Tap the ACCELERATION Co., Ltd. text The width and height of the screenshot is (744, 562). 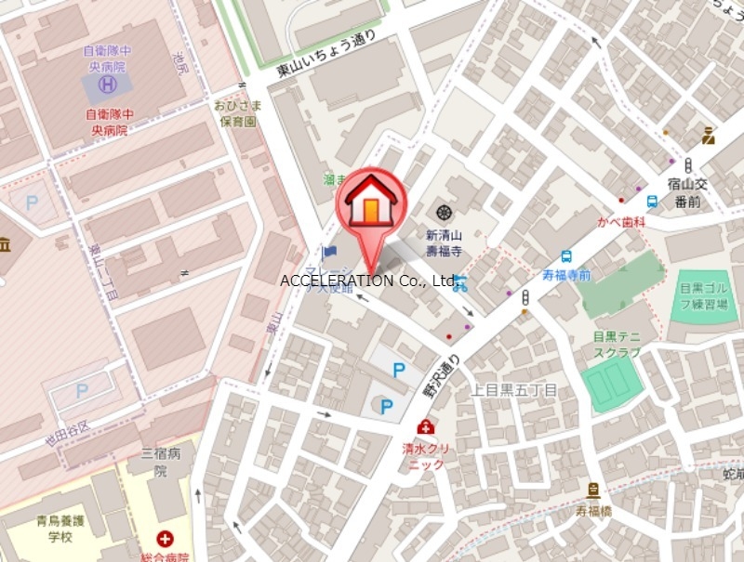[368, 281]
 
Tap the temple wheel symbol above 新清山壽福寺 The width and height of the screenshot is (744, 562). [444, 213]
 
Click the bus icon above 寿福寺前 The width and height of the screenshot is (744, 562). [566, 256]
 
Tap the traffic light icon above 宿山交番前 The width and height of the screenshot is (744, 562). [688, 165]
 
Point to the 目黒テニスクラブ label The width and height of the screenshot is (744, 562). [617, 345]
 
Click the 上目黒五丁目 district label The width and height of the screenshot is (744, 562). [514, 390]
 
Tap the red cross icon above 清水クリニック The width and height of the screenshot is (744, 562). [425, 426]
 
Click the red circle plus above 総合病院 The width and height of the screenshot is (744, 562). [165, 538]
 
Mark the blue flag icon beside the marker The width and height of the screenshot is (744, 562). [328, 252]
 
